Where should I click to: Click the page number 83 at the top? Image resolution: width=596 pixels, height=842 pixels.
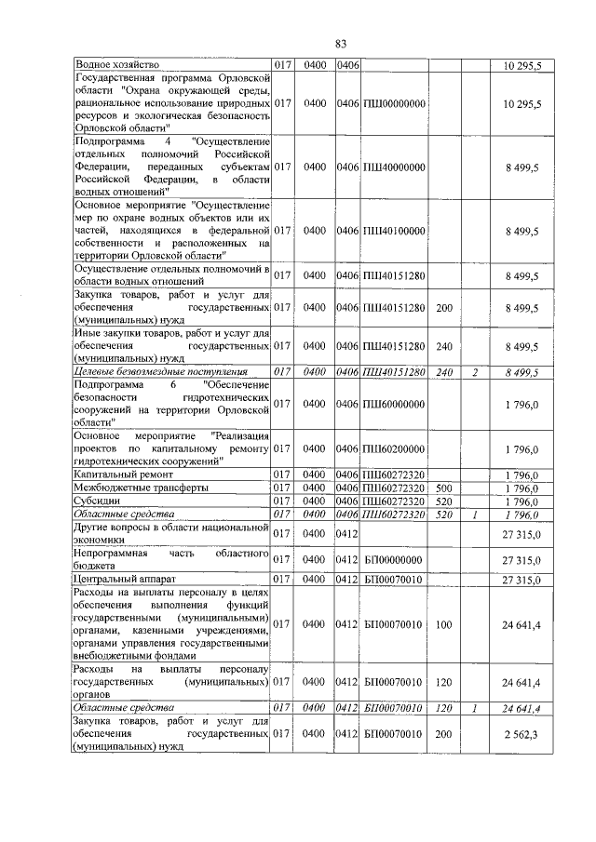pyautogui.click(x=340, y=43)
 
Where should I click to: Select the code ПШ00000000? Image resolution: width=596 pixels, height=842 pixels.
pyautogui.click(x=394, y=103)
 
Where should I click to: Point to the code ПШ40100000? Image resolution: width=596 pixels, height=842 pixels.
pyautogui.click(x=394, y=230)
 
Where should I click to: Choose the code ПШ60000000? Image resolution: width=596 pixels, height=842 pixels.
pyautogui.click(x=394, y=403)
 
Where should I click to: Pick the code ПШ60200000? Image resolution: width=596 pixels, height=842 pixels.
pyautogui.click(x=394, y=448)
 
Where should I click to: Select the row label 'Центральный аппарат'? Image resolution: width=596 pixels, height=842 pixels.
pyautogui.click(x=119, y=580)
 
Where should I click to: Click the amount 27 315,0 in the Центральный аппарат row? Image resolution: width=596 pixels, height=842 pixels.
pyautogui.click(x=521, y=580)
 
